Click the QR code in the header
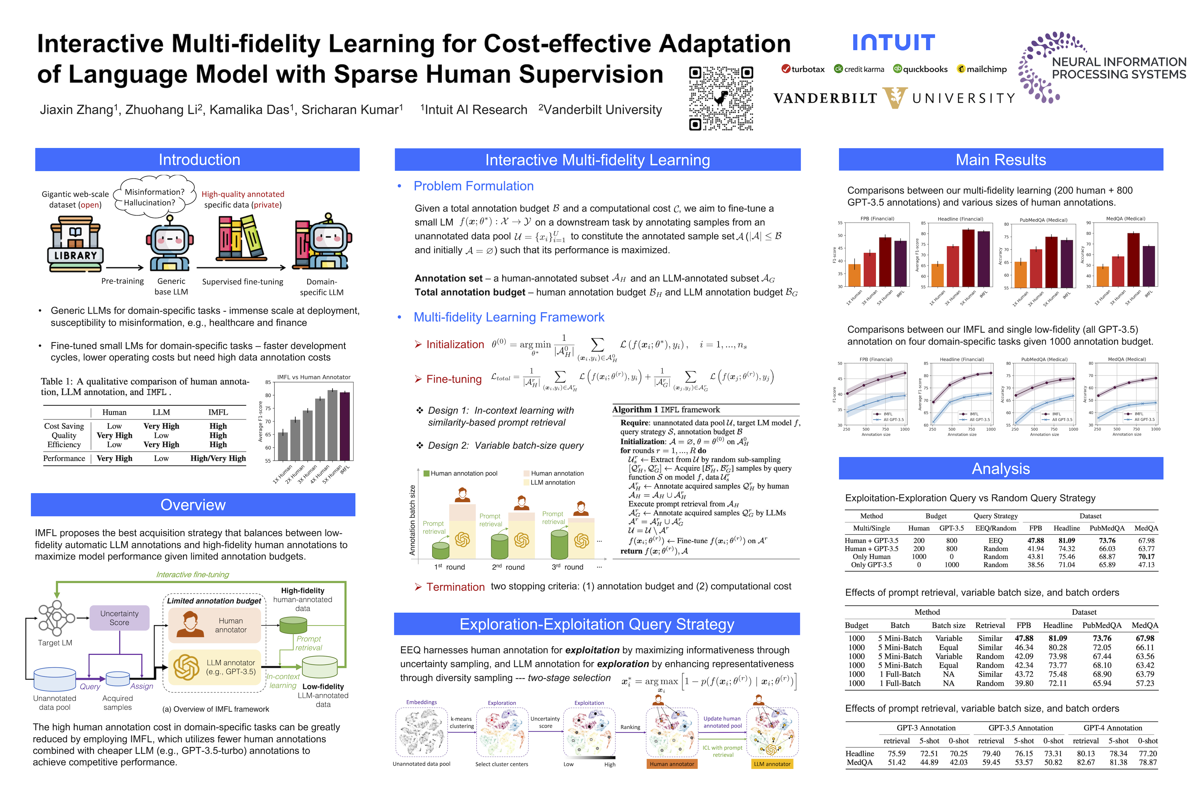(x=721, y=98)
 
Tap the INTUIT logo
(x=894, y=43)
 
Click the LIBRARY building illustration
(x=75, y=244)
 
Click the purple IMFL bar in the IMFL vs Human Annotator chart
(x=345, y=426)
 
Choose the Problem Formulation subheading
(x=473, y=186)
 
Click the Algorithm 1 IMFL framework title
(x=666, y=410)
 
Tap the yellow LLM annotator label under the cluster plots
(x=772, y=764)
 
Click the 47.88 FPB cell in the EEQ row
(x=1035, y=541)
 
